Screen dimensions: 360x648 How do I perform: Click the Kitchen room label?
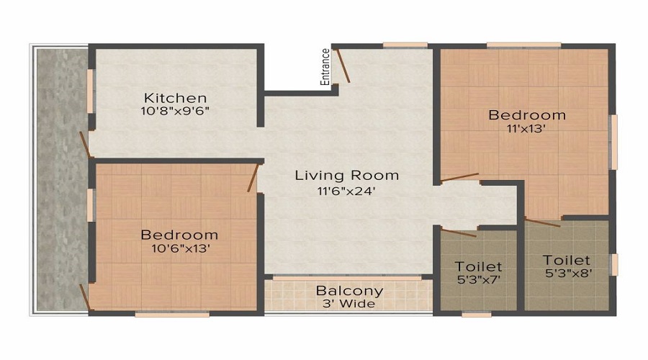coord(175,97)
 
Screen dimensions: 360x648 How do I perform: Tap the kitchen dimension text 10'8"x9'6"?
coord(175,112)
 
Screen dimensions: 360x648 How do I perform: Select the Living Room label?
coord(347,175)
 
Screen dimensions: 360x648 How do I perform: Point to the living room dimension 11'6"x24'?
coord(347,192)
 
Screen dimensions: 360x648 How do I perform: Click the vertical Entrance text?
coord(325,67)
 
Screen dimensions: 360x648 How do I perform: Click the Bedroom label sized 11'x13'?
coord(527,114)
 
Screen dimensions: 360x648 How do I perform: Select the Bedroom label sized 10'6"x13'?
coord(179,235)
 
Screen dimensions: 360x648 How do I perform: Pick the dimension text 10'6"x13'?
coord(179,249)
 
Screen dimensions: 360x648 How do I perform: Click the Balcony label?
coord(349,291)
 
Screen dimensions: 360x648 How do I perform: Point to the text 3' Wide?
coord(349,304)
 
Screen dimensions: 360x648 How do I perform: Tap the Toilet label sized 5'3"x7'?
coord(479,267)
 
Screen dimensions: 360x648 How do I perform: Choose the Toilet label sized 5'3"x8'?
coord(567,260)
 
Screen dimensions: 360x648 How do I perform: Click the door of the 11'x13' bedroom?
coord(459,176)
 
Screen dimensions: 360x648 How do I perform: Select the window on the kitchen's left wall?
coord(90,91)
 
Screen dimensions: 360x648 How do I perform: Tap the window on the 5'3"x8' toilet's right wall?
coord(613,264)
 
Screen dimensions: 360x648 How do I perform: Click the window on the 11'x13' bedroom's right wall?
coord(613,142)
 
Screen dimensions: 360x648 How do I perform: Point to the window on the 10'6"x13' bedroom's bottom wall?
coord(162,313)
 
